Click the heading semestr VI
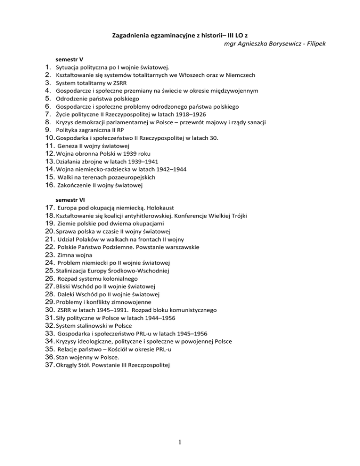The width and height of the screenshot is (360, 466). [70, 199]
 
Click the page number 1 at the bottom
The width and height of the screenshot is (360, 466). [180, 444]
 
